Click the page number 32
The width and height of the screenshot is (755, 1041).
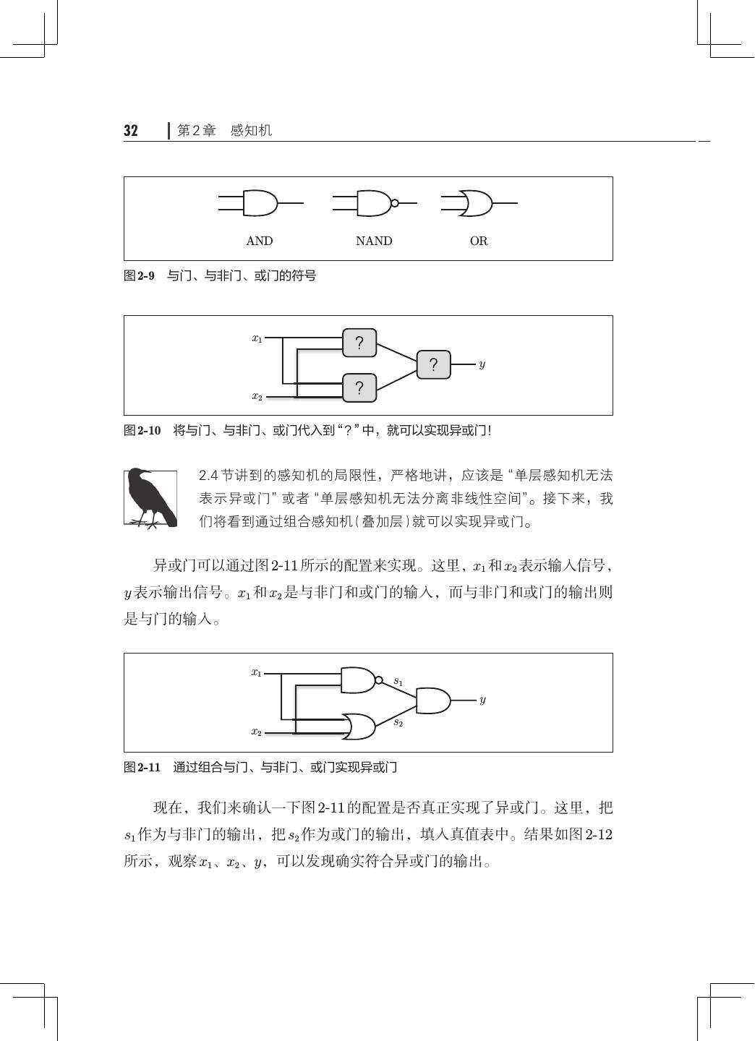[x=131, y=131]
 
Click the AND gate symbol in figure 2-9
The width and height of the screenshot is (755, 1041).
[x=260, y=204]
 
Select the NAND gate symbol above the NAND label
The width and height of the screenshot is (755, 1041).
[x=375, y=204]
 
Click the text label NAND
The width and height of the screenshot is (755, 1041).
[x=374, y=241]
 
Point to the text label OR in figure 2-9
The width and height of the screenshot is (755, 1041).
[x=479, y=241]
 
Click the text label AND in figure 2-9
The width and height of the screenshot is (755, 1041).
[x=260, y=241]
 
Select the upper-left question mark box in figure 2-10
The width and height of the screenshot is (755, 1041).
[x=359, y=343]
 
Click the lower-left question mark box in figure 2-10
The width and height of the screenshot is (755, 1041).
[x=359, y=388]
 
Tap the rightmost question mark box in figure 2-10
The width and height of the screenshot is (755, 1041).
[x=433, y=364]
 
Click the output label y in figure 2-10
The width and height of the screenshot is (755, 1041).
[x=482, y=364]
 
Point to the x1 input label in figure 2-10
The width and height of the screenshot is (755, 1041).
[x=257, y=338]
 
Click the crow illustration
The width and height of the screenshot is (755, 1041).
[x=150, y=497]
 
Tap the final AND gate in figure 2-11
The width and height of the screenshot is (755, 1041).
[x=432, y=701]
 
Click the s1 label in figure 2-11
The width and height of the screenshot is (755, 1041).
[x=398, y=681]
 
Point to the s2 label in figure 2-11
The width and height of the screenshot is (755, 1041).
[x=398, y=722]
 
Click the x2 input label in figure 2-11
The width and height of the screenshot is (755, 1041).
[x=257, y=732]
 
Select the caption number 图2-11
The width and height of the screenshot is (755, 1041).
[x=142, y=768]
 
